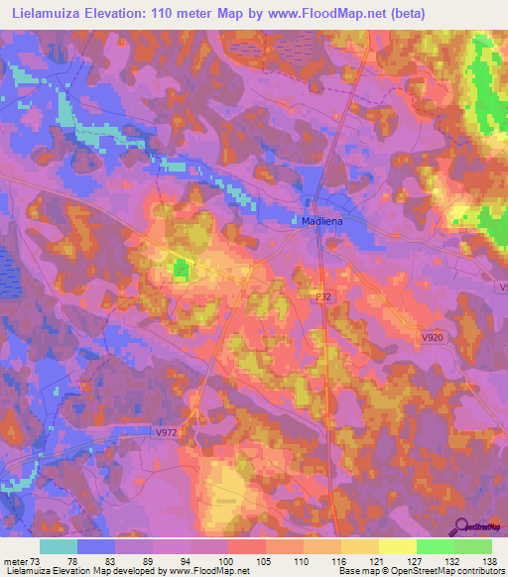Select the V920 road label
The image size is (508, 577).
click(x=432, y=338)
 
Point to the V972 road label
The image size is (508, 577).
click(x=168, y=433)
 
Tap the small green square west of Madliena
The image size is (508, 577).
click(x=182, y=268)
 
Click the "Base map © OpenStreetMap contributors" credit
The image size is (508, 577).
click(x=421, y=572)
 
